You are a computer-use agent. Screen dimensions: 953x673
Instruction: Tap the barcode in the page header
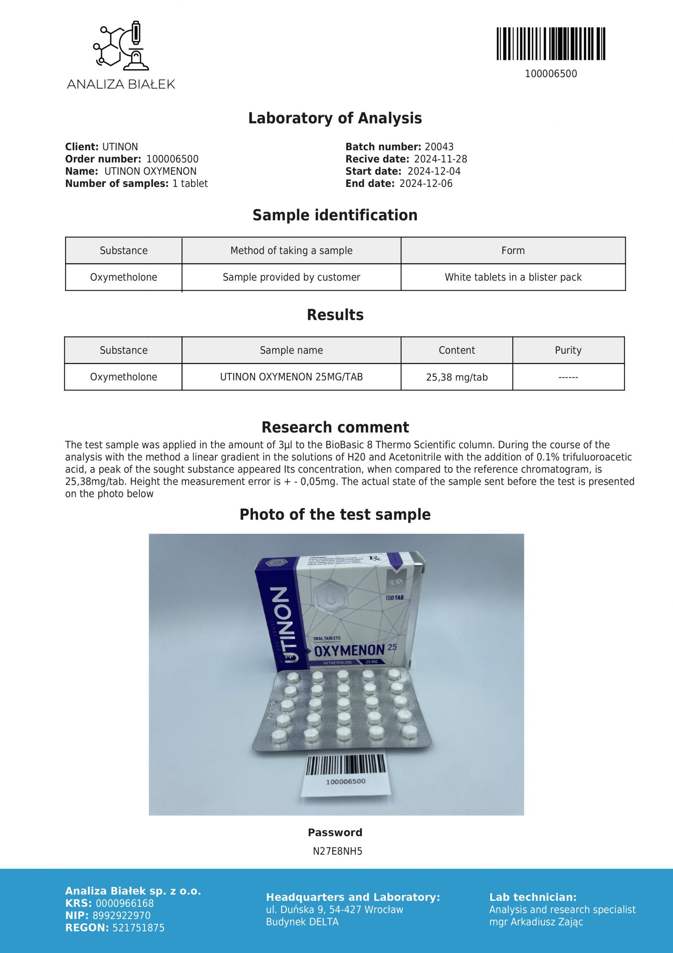(551, 44)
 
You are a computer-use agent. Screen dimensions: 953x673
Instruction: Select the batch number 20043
(439, 147)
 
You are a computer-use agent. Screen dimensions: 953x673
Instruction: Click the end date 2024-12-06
(426, 184)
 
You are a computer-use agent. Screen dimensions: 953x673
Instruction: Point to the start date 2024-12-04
(434, 171)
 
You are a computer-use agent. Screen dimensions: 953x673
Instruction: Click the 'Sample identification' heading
(335, 215)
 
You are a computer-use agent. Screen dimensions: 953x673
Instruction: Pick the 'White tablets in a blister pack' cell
(513, 277)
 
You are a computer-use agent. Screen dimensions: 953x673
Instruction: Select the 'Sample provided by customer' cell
(291, 277)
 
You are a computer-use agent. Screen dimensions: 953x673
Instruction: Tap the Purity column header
(568, 350)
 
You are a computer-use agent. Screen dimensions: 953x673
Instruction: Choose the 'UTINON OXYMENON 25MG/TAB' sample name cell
(291, 377)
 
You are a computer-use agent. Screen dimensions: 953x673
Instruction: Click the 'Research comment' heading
(335, 427)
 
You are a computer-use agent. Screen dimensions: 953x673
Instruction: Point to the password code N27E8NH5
(337, 851)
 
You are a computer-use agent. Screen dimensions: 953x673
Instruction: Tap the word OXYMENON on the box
(350, 650)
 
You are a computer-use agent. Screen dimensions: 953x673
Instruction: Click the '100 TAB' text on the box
(395, 598)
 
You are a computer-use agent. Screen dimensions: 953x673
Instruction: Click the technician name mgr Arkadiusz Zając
(536, 922)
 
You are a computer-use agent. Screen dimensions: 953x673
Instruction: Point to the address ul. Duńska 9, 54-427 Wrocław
(334, 910)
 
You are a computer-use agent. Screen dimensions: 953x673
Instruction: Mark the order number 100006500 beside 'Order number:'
(173, 159)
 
